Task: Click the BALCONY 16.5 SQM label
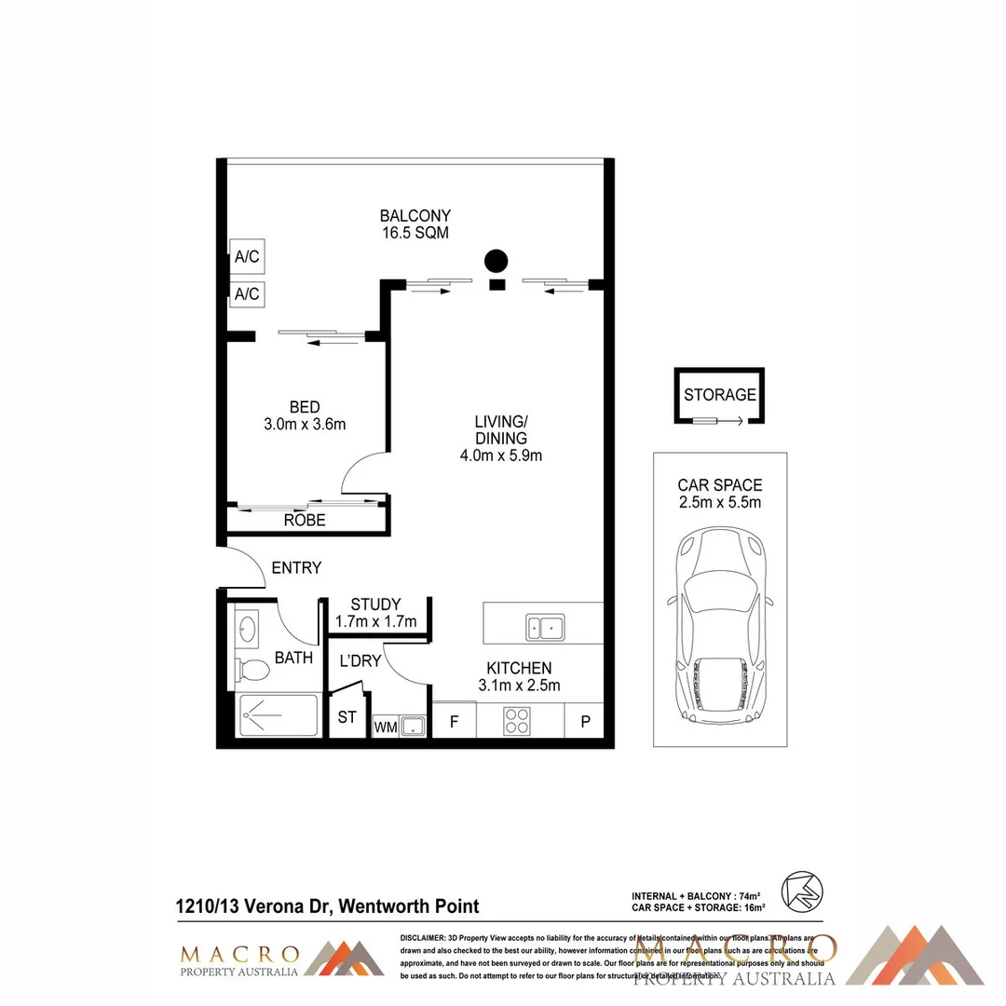click(415, 224)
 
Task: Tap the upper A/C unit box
click(247, 257)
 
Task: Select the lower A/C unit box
click(247, 294)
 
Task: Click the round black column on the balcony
click(496, 261)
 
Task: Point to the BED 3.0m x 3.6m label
click(305, 415)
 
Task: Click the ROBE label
click(305, 520)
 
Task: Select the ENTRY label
click(296, 567)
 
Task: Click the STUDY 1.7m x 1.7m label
click(375, 613)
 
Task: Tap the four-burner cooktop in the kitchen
click(518, 719)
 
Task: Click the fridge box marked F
click(455, 720)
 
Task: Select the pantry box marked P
click(586, 720)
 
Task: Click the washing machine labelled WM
click(383, 727)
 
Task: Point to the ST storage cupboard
click(347, 718)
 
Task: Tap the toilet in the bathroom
click(251, 669)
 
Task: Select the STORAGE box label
click(720, 394)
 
